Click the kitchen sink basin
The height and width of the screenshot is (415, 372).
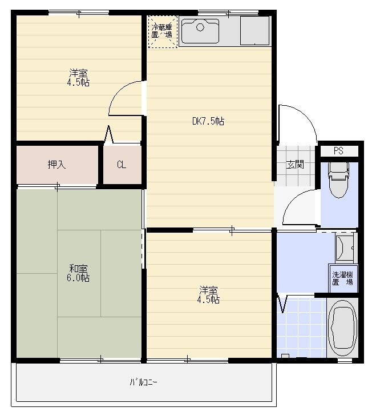[200, 31]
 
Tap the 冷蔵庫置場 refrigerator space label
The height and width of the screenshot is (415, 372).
[162, 31]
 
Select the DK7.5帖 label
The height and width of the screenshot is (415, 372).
[208, 121]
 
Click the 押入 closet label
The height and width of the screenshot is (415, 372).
[56, 165]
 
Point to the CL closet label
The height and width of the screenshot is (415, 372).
[122, 165]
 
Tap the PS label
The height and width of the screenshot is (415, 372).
[338, 151]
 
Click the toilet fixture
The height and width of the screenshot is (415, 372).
[339, 179]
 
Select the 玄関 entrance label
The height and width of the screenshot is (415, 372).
[295, 165]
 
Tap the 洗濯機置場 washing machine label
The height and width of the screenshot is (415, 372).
[342, 278]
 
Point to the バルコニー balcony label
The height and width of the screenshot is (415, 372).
[143, 382]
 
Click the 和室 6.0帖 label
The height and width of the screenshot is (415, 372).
[78, 273]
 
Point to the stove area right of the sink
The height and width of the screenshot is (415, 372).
[254, 31]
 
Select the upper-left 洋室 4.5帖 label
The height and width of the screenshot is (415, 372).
[78, 78]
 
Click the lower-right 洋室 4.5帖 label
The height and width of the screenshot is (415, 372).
[208, 294]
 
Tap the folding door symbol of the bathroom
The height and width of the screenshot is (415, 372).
[282, 304]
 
